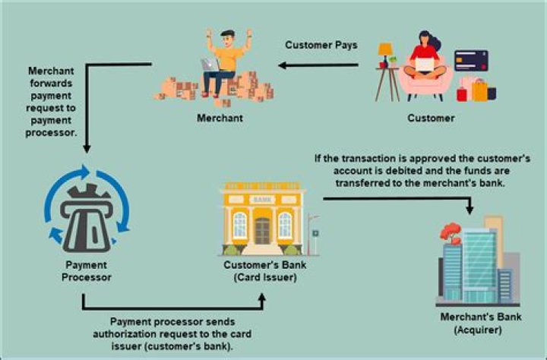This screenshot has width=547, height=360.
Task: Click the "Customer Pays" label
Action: click(321, 45)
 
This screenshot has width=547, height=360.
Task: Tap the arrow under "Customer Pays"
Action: click(318, 65)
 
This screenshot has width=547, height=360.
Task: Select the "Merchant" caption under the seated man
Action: click(220, 118)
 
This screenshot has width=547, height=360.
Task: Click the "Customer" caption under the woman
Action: click(431, 118)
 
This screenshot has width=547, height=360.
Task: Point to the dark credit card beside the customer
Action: click(471, 60)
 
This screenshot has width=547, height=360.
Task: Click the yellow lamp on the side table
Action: click(385, 53)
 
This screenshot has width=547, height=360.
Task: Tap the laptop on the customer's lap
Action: click(425, 65)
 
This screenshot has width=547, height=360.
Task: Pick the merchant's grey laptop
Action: click(210, 65)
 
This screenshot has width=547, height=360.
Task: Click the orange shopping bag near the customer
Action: click(479, 90)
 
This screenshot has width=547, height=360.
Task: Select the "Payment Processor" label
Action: click(86, 271)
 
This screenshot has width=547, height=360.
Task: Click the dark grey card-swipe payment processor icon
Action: click(87, 218)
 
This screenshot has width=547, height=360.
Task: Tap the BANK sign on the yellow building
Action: click(262, 200)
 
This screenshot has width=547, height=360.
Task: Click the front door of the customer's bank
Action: click(262, 231)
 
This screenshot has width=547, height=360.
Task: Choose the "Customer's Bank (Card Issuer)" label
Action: click(265, 271)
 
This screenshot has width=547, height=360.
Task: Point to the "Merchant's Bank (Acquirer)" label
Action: click(481, 323)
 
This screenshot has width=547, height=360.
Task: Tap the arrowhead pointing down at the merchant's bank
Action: click(470, 210)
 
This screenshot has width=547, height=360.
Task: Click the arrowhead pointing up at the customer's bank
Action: click(262, 298)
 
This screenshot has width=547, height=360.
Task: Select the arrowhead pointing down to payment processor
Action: click(87, 148)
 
